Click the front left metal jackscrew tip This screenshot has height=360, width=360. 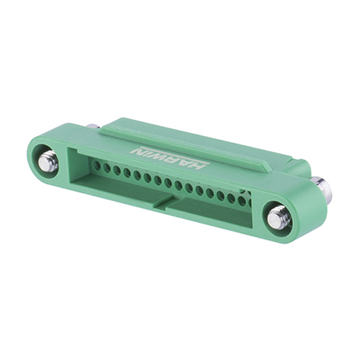coord(47,163)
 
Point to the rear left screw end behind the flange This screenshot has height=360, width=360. coord(93,126)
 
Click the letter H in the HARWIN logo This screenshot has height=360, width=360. coord(198,165)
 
